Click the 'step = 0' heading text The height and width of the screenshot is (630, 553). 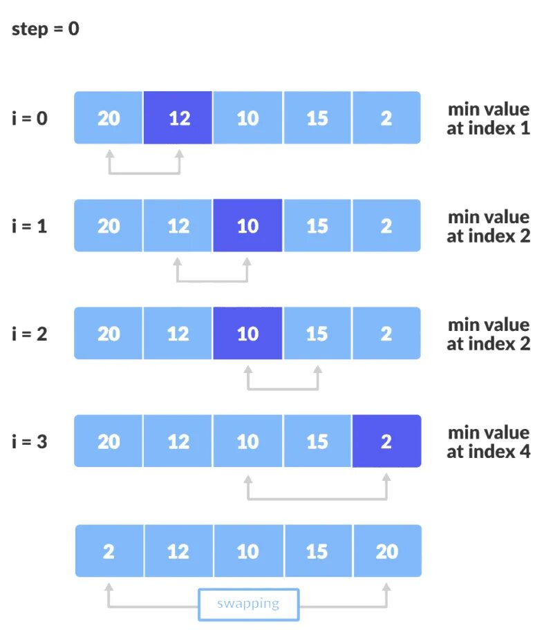click(x=46, y=30)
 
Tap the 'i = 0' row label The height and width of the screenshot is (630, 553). click(x=30, y=118)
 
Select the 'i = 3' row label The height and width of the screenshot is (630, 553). click(x=30, y=441)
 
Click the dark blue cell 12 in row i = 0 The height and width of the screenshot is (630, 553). click(x=178, y=118)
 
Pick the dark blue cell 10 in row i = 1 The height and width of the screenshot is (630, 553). click(x=247, y=226)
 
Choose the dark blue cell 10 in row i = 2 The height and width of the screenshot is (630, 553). click(x=247, y=334)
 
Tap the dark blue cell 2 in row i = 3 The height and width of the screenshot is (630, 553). click(x=386, y=441)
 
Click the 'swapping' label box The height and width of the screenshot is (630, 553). click(x=248, y=604)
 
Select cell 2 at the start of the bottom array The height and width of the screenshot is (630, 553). click(x=109, y=551)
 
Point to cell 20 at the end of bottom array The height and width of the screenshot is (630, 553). click(x=386, y=551)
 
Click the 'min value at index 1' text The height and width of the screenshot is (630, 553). click(x=488, y=118)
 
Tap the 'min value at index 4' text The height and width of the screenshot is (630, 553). click(x=488, y=442)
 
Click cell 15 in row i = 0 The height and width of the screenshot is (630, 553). click(x=317, y=118)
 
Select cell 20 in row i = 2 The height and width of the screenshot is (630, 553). click(x=109, y=334)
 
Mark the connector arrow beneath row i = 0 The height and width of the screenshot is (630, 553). click(x=144, y=172)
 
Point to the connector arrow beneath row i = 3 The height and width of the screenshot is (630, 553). click(x=317, y=497)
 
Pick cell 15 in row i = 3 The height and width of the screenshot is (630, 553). click(x=317, y=441)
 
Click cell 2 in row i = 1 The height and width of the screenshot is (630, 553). click(x=386, y=226)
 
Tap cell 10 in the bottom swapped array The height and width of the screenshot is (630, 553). click(x=248, y=551)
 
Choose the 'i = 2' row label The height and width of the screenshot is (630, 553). click(x=30, y=334)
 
